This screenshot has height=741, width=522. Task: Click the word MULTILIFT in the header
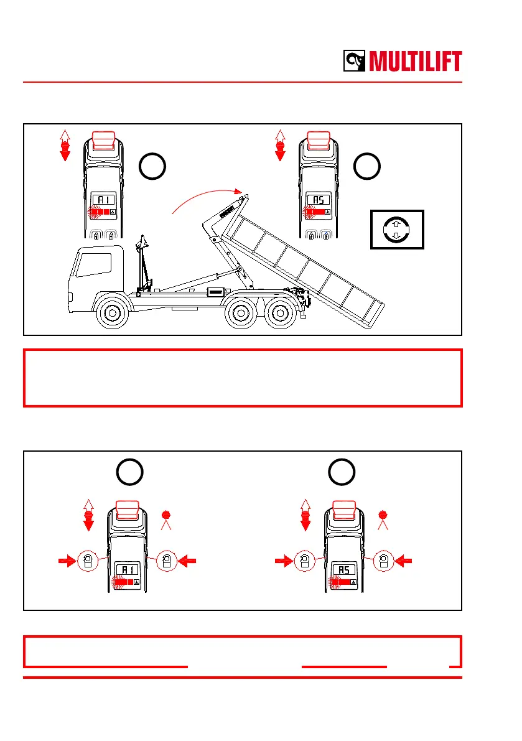coord(415,62)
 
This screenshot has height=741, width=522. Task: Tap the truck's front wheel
coord(111,314)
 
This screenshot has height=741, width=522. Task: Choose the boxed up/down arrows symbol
coord(396,229)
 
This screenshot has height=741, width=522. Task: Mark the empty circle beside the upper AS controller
coord(367,166)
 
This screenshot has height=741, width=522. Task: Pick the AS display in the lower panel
coord(343,570)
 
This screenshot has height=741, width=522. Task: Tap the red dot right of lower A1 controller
coord(166,515)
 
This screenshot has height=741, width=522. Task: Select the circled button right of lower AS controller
coord(384,561)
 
